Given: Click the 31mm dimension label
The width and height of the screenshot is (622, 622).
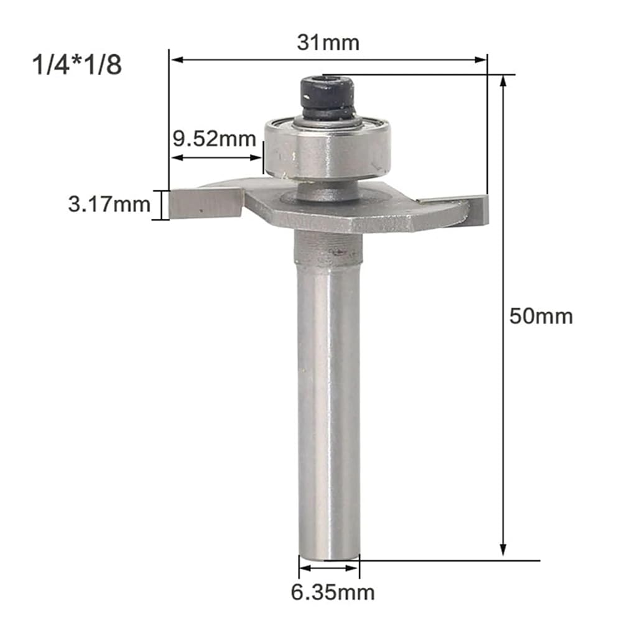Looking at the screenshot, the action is [x=328, y=42].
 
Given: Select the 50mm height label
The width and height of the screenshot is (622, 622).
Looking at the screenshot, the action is [x=541, y=317].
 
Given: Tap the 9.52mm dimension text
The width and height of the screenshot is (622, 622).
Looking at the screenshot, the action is [x=215, y=139].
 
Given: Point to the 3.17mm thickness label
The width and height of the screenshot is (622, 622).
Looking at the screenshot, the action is [x=109, y=204].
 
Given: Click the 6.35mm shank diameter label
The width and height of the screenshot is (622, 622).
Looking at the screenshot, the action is [x=333, y=593].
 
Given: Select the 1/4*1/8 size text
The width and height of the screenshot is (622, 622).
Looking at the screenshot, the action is [x=77, y=65].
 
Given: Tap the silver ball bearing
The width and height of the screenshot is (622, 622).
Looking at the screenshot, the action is [x=328, y=149].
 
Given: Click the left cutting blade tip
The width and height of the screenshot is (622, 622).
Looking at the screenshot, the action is [x=171, y=204].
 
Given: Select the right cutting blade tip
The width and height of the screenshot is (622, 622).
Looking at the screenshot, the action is [x=486, y=210].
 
